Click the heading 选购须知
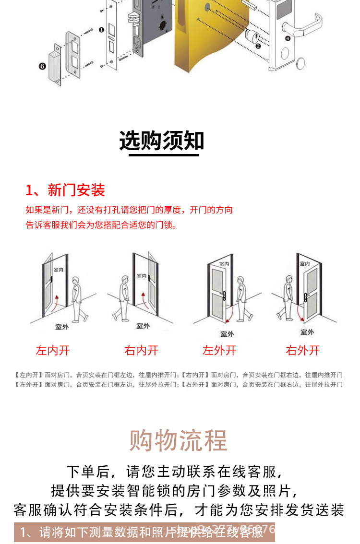point(162,141)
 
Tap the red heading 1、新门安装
point(65,190)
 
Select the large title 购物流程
point(178,440)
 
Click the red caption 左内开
point(53,350)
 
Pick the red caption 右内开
point(141,350)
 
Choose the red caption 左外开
point(219,350)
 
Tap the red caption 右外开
point(302,350)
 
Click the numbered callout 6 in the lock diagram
point(42,66)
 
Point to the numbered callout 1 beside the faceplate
point(101,30)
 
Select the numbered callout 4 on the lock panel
point(288,38)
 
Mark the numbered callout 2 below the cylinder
point(258,46)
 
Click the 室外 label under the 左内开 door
point(61,327)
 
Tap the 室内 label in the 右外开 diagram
point(305,263)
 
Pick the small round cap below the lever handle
point(301,63)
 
